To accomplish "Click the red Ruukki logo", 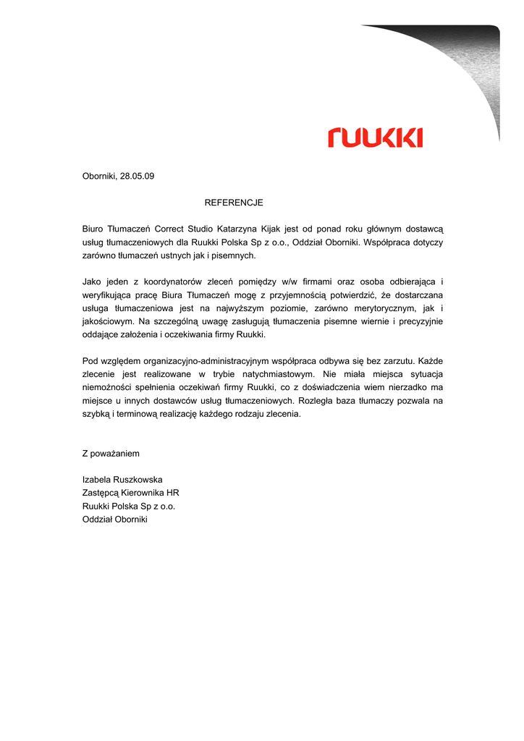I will click(x=375, y=137).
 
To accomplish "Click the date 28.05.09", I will click(x=138, y=176).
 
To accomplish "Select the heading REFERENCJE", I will click(x=234, y=203).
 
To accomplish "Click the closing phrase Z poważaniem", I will click(x=111, y=454).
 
